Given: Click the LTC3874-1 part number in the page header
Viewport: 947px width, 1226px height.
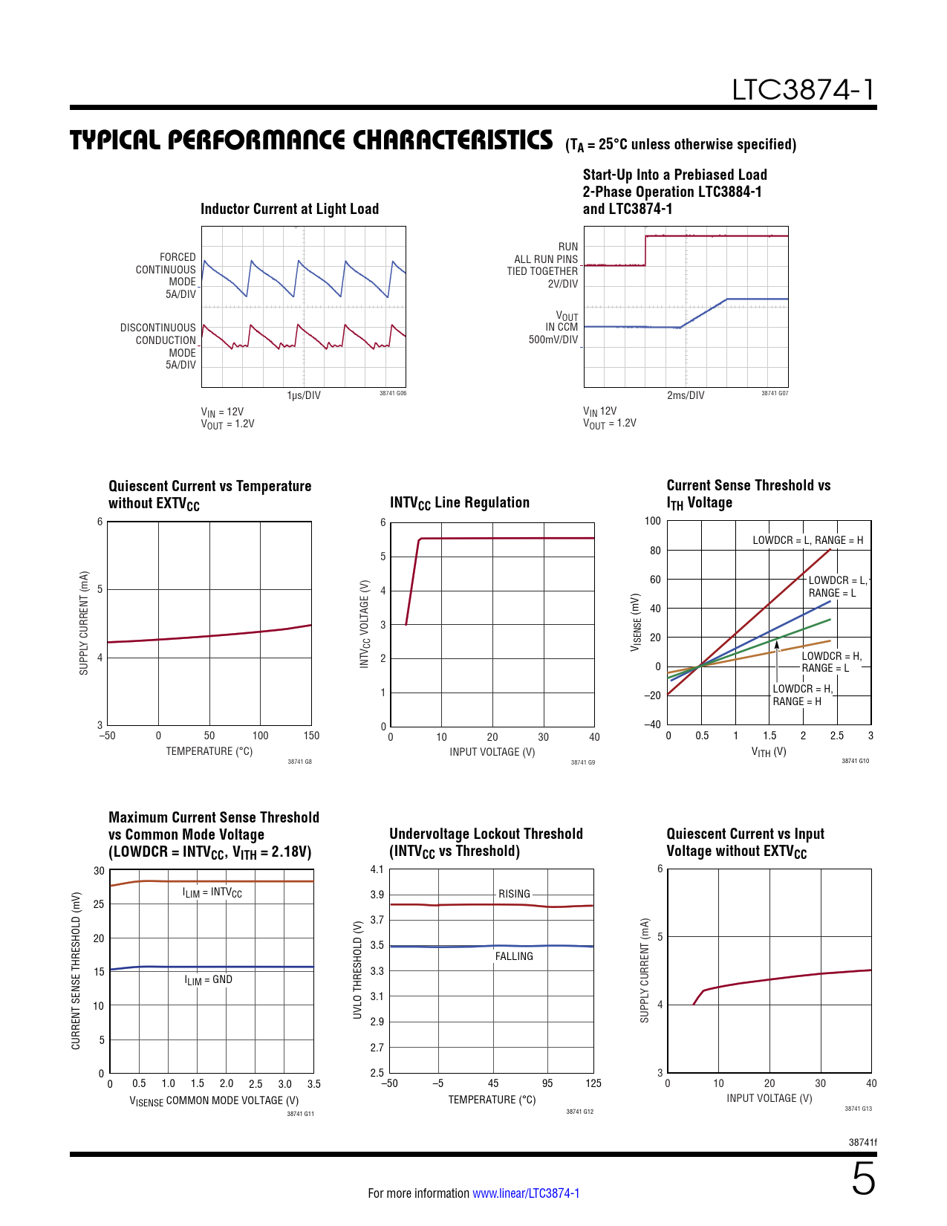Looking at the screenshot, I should coord(803,90).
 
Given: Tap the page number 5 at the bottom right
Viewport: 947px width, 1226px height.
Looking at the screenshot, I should coord(863,1179).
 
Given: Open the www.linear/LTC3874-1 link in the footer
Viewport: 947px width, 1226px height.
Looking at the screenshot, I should coord(526,1193).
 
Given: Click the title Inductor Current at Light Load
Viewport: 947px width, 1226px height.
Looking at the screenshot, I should coord(290,210).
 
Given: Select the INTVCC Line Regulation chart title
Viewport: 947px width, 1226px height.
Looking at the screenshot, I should coord(459,503).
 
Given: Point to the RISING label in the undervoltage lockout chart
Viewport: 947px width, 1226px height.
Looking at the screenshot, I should coord(514,894).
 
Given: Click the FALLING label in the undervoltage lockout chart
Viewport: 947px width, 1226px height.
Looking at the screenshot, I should coord(514,956).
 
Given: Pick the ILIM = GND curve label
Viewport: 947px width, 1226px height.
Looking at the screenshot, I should coord(208,980).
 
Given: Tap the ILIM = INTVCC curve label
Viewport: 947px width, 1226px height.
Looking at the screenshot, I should coord(212,892).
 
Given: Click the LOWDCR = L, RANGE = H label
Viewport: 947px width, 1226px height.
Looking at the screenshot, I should coord(807,540).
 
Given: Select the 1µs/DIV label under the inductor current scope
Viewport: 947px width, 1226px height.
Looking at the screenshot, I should coord(304,395).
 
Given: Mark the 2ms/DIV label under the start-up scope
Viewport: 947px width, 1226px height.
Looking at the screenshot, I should coord(686,395).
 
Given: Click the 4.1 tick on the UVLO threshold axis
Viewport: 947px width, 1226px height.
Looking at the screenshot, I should coord(377,869).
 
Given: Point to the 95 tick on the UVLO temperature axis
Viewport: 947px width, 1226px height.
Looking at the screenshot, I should coord(547,1083).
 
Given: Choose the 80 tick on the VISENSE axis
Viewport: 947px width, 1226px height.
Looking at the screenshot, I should coord(654,551).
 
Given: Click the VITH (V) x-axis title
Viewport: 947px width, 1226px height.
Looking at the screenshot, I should coord(769,752).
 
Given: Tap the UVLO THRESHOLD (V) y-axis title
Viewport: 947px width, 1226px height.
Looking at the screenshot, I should coord(358,970).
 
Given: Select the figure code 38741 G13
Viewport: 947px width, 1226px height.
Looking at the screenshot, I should coord(858,1109).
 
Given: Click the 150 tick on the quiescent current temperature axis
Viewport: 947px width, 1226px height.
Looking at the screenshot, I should coord(311,736).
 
